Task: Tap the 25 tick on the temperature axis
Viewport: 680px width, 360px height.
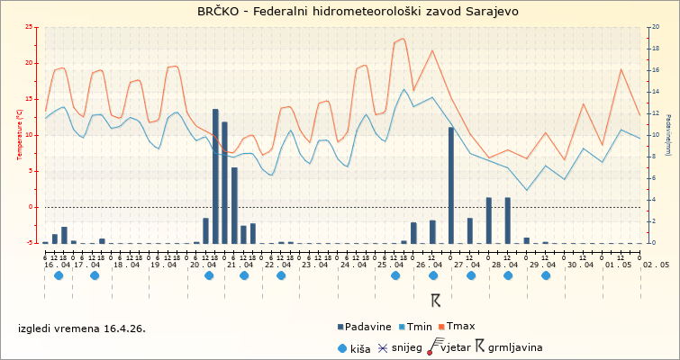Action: pos(31,27)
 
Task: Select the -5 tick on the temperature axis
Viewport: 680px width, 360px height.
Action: pos(31,243)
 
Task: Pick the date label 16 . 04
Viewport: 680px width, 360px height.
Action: pos(58,265)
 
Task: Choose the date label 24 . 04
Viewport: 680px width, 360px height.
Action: pos(353,265)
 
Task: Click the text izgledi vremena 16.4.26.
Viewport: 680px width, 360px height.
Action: pos(82,328)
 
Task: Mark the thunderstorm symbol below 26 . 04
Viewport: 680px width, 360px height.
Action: pos(435,300)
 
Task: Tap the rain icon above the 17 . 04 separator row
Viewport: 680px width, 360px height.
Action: pos(95,276)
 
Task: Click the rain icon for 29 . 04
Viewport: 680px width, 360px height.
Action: pos(546,276)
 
